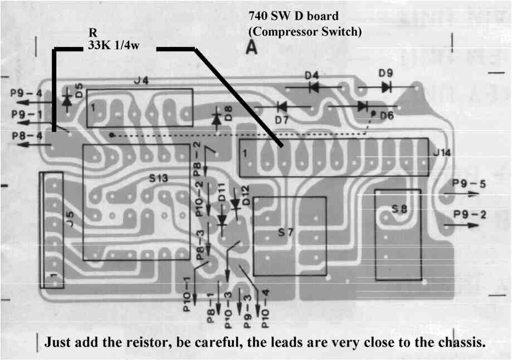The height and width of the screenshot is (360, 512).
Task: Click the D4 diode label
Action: tap(311, 75)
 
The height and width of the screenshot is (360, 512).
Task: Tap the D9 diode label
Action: tap(386, 73)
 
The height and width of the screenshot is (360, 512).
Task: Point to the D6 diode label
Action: tap(386, 116)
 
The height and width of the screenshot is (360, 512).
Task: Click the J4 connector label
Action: tap(141, 81)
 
